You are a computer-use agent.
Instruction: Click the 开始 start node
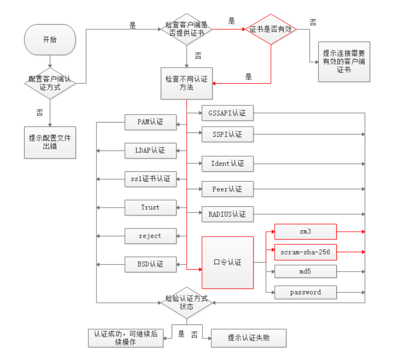click(49, 40)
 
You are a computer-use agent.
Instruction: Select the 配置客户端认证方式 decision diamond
click(50, 83)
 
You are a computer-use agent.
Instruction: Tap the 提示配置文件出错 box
click(50, 142)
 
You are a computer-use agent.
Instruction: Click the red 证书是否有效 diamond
click(271, 29)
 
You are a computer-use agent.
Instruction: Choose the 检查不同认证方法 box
click(186, 83)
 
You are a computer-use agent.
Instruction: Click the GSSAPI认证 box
click(227, 113)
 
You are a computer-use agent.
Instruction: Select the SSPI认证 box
click(227, 134)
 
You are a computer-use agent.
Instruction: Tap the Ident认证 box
click(227, 164)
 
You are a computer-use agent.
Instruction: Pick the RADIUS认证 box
click(227, 214)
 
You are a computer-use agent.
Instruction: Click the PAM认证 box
click(150, 122)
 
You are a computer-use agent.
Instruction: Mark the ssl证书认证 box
click(150, 179)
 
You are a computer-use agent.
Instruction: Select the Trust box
click(150, 207)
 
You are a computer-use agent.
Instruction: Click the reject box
click(150, 236)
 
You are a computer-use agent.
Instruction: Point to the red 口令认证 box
click(227, 262)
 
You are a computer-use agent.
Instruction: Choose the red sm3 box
click(305, 232)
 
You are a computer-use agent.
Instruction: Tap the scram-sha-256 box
click(305, 252)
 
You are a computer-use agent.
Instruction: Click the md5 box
click(305, 272)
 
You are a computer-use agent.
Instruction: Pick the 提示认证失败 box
click(249, 338)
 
